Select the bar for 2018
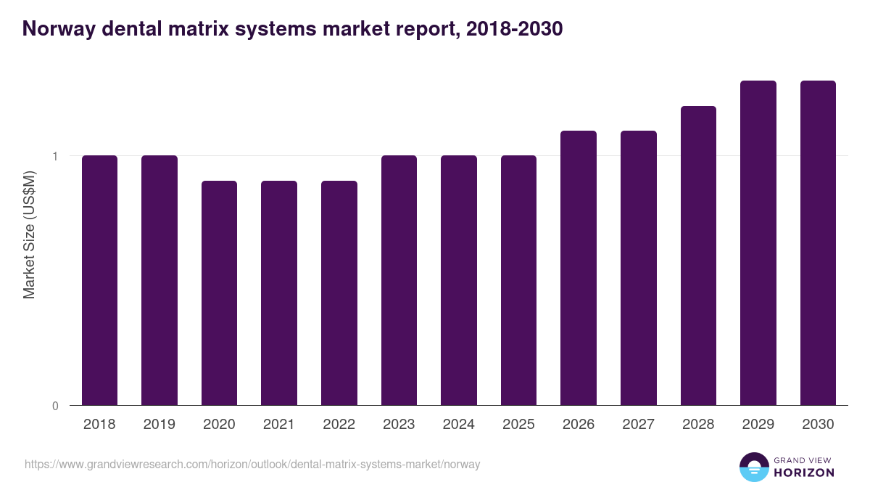coord(99,280)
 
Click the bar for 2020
coord(219,293)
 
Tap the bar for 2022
coord(339,293)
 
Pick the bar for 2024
coord(459,280)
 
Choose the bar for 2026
coord(579,268)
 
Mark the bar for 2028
coord(698,256)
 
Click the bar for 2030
coord(818,242)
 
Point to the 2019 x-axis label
coord(159,425)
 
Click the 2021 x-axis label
coord(279,425)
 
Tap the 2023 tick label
coord(399,425)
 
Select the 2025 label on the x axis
coord(518,425)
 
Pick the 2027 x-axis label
coord(638,425)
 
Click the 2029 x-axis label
coord(758,425)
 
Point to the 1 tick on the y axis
coord(54,156)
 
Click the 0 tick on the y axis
coord(54,406)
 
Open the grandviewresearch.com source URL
coord(252,464)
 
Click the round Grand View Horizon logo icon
coord(754,467)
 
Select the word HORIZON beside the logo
coord(804,473)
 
